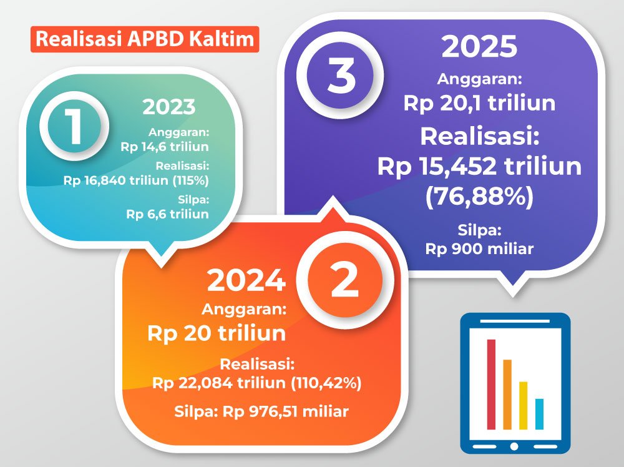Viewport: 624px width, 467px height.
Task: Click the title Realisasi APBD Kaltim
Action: [145, 39]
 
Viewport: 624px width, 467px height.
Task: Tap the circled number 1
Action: [74, 126]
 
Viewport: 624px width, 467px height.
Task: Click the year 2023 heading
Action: [169, 107]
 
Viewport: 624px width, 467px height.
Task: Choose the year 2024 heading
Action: [246, 280]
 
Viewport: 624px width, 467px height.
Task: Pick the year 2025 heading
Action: [479, 47]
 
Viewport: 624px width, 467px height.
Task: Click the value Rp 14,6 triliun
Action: [165, 147]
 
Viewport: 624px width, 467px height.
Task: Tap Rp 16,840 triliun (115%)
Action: [136, 180]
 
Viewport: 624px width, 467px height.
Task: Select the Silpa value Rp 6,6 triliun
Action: [167, 214]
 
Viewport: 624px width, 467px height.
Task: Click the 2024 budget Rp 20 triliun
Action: [217, 333]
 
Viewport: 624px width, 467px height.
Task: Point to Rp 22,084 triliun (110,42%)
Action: [257, 383]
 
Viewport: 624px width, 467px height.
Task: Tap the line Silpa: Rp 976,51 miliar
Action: [261, 411]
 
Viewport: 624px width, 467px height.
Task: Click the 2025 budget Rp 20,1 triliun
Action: [479, 103]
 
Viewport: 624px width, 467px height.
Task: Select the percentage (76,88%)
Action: [479, 196]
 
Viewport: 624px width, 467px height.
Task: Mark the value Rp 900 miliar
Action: [479, 249]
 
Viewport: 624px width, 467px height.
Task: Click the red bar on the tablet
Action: [492, 385]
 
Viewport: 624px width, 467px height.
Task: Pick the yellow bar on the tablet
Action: [524, 406]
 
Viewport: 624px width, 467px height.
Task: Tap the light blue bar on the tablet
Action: [539, 414]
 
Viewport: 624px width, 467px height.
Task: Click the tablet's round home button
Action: [515, 446]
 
